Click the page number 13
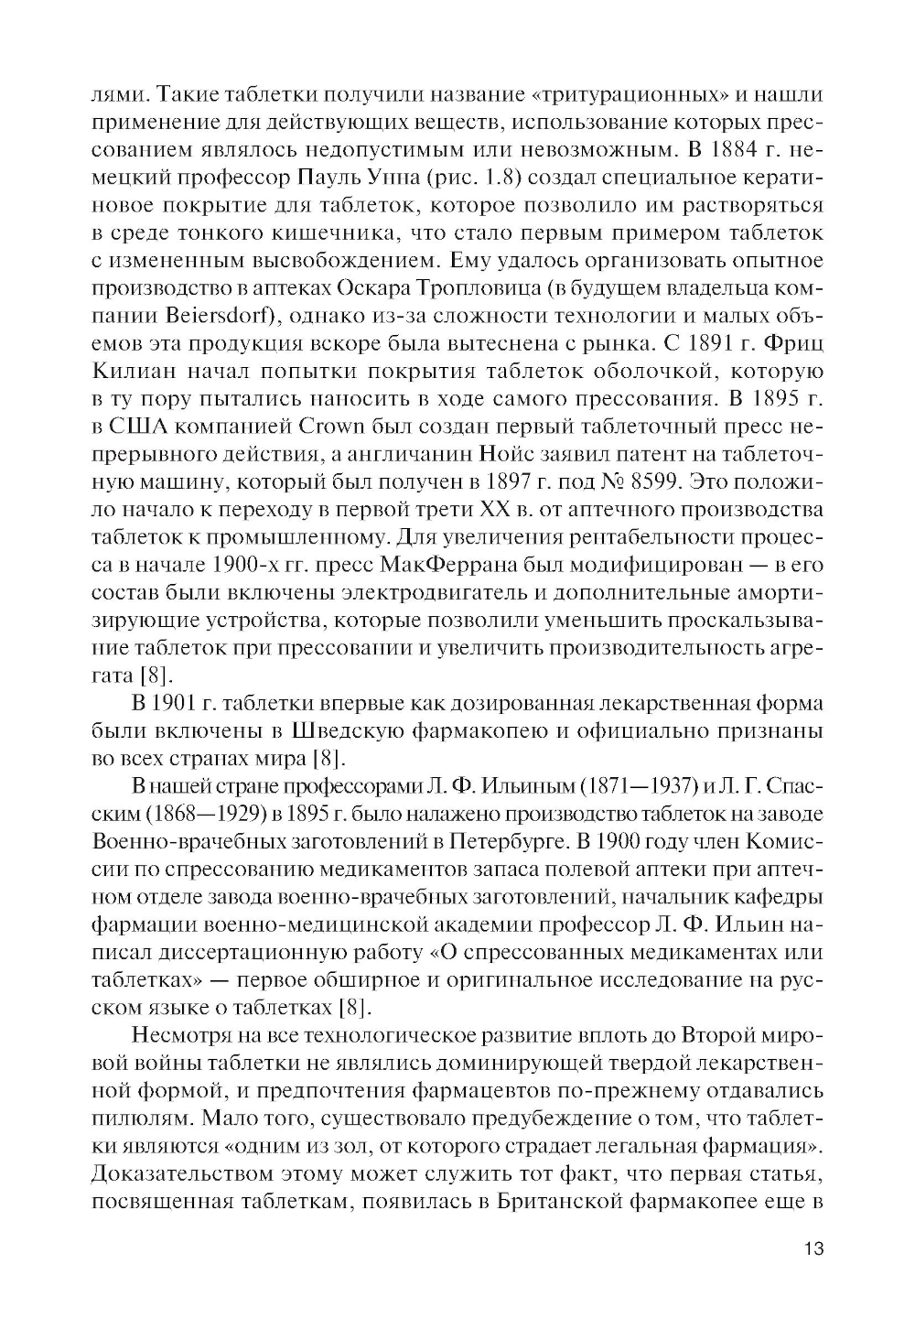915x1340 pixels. [x=810, y=1249]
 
